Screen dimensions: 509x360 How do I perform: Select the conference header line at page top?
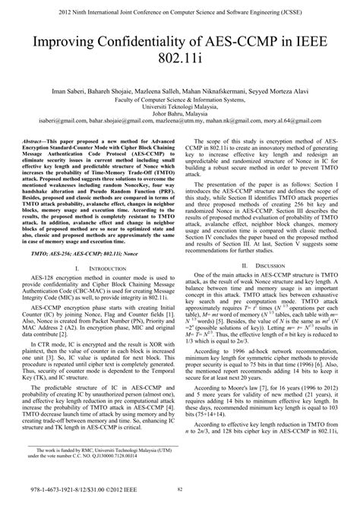[x=180, y=9]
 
